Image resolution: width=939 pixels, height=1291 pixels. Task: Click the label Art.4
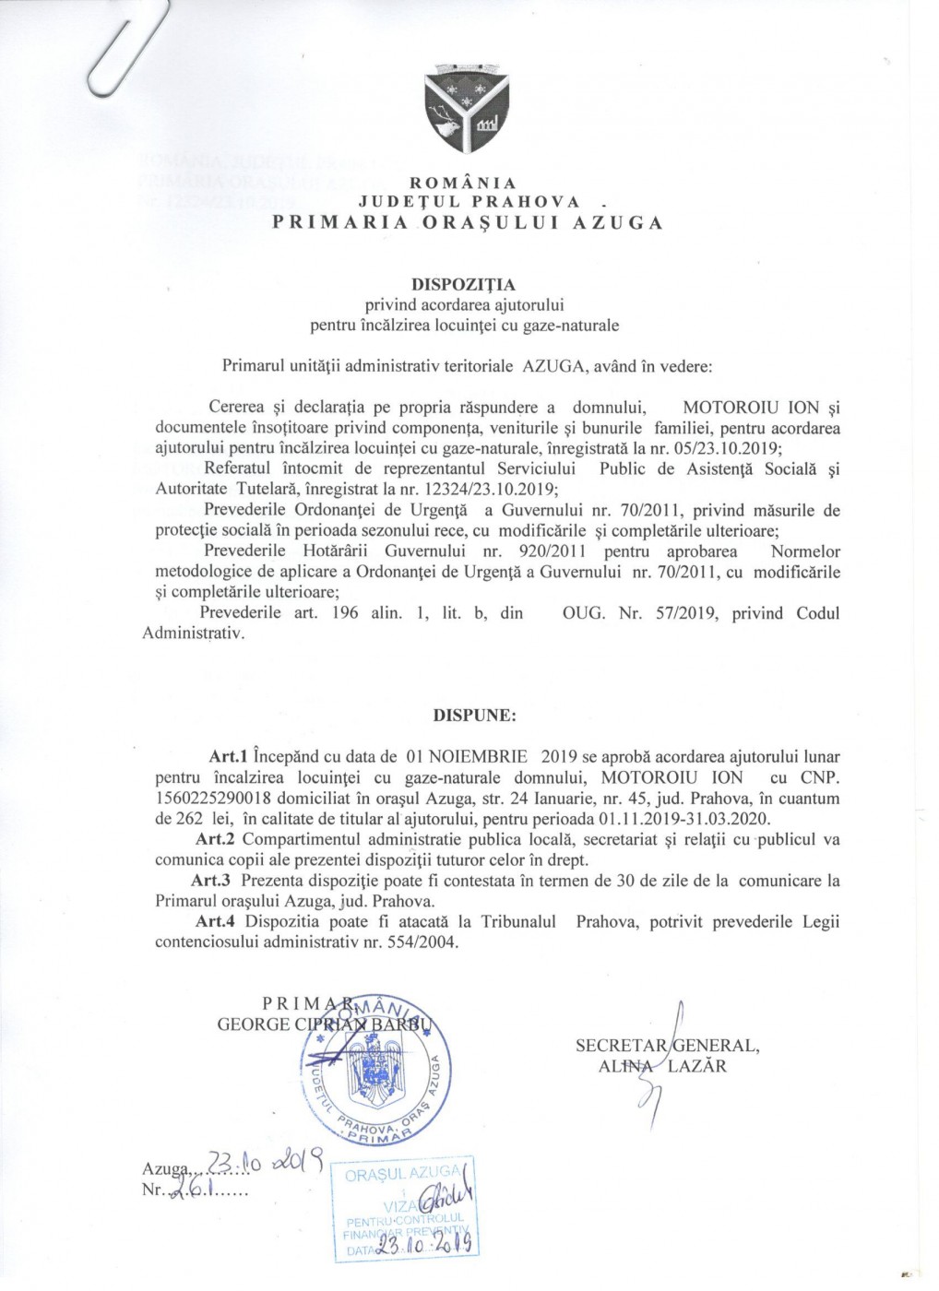[216, 922]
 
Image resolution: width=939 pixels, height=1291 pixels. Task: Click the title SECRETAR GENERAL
[667, 1046]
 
